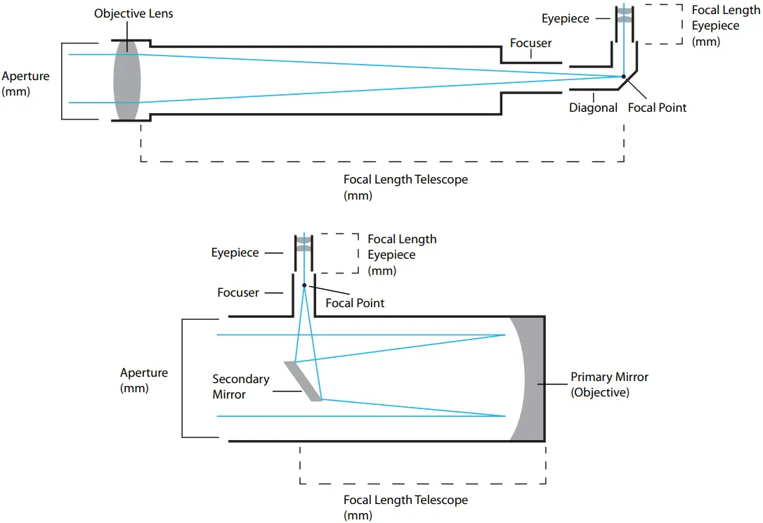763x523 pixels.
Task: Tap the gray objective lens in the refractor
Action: (x=127, y=79)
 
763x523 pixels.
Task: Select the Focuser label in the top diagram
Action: (x=530, y=44)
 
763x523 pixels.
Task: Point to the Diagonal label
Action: (x=594, y=108)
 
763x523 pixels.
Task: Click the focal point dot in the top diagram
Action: (x=623, y=76)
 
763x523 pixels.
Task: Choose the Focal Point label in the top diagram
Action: (x=657, y=108)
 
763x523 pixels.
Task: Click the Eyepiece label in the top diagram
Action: (x=565, y=19)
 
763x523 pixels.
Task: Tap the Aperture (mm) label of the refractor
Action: (x=26, y=83)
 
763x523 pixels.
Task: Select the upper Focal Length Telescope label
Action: (x=405, y=187)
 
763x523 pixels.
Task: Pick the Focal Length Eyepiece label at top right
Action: (x=725, y=26)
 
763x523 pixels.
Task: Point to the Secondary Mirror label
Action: (x=240, y=387)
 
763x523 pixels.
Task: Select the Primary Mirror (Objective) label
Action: (x=609, y=385)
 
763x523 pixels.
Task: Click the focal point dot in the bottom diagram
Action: (x=304, y=285)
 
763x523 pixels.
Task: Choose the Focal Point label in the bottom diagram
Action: (x=355, y=303)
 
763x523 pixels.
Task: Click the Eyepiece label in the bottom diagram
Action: (x=235, y=252)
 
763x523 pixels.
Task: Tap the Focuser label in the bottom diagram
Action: (x=238, y=292)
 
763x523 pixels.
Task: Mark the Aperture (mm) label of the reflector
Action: (x=144, y=380)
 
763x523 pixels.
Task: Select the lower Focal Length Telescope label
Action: (x=405, y=508)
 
